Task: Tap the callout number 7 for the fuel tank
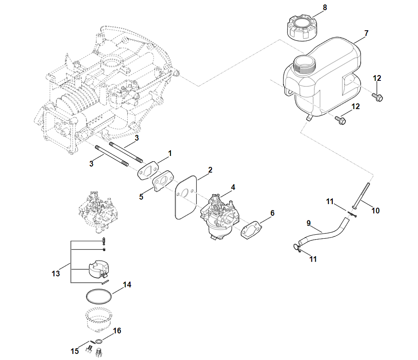pos(366,33)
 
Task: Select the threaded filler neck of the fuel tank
pos(305,65)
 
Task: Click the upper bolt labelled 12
pos(378,97)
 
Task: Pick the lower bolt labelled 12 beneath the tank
pos(341,120)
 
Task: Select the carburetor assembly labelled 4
pos(219,218)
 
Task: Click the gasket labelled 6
pos(251,229)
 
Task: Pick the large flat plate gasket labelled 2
pos(186,197)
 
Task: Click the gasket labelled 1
pos(148,170)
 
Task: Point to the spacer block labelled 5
pos(163,181)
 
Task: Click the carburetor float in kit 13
pos(98,269)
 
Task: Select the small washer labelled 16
pos(99,341)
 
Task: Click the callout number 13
pos(56,273)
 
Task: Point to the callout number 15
pos(75,351)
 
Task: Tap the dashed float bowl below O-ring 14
pos(98,320)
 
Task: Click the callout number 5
pos(141,197)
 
